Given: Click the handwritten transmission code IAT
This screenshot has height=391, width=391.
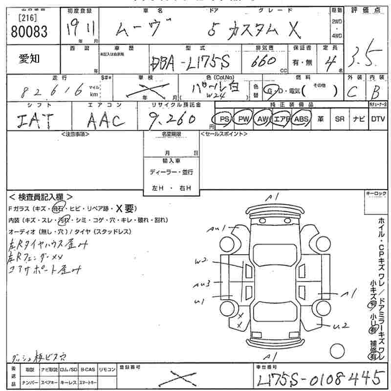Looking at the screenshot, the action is tap(33, 120).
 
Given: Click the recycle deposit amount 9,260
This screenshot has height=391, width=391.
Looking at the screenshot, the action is tap(174, 119).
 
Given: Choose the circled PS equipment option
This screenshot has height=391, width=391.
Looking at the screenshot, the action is tap(224, 119).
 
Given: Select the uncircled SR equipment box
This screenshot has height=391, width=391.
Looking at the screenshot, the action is tap(339, 119).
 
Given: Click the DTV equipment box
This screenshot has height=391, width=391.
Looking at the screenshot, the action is tap(378, 119).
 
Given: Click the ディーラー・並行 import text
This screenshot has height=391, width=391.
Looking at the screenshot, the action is tap(171, 172).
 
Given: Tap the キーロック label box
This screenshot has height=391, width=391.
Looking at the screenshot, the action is tap(376, 194).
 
